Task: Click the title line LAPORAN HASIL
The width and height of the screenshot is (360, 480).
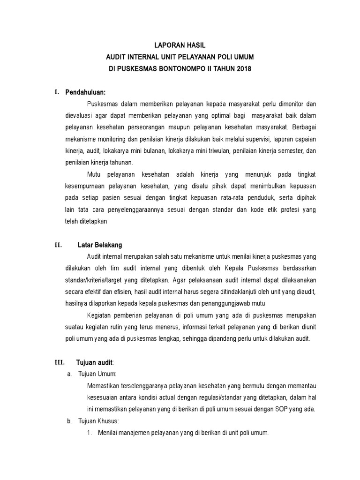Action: point(180,45)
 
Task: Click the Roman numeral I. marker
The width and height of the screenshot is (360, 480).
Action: point(56,92)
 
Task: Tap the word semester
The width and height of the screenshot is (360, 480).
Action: point(291,151)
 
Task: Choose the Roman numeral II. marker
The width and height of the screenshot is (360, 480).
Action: point(58,245)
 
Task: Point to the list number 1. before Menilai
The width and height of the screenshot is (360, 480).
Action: point(90,433)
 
